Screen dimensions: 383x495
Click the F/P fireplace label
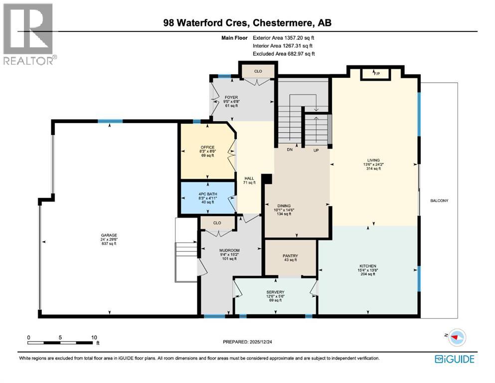[377, 73]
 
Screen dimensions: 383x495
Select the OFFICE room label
[207, 147]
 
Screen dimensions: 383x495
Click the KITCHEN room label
[368, 266]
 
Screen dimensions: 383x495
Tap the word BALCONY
[439, 201]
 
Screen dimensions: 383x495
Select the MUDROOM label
[230, 250]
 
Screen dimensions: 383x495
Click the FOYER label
[231, 97]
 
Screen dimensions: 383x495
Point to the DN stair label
[289, 150]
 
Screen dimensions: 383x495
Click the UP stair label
[316, 150]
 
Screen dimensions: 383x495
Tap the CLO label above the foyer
[258, 71]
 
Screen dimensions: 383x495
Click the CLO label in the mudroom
[217, 223]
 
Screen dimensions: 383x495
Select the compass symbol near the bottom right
[455, 338]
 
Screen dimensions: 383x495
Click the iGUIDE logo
[454, 359]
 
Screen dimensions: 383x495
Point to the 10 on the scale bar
[94, 338]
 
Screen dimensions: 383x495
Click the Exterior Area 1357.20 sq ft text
[284, 37]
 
